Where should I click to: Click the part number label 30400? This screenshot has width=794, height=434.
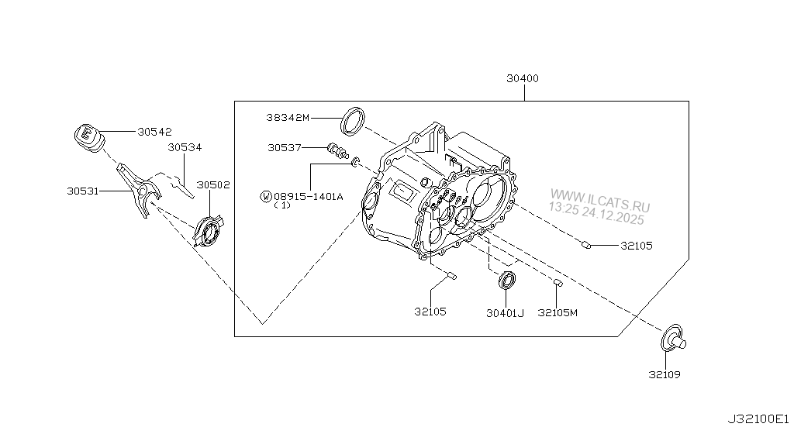[523, 78]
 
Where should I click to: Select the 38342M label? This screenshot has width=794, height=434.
[286, 118]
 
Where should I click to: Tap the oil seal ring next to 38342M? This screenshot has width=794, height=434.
[354, 120]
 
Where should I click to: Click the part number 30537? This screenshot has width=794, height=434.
[285, 147]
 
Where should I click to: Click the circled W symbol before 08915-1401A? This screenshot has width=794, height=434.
[266, 198]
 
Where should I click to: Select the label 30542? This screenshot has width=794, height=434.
[154, 132]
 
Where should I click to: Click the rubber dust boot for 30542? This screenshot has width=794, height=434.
[87, 137]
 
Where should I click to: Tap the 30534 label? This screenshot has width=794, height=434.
[185, 146]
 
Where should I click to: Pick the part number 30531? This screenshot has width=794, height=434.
[82, 188]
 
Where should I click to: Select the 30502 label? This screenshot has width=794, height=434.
[212, 185]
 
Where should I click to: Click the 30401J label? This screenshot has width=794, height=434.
[506, 312]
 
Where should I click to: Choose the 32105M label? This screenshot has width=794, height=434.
[558, 312]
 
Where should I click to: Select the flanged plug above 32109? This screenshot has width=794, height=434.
[671, 338]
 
